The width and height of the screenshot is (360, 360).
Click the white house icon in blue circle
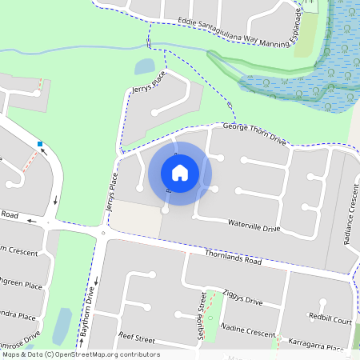180,173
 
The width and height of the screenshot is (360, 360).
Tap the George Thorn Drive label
254,132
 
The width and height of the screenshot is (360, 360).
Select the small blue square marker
40,144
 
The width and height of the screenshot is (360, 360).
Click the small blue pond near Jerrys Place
145,66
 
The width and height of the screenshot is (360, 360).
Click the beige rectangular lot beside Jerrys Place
134,219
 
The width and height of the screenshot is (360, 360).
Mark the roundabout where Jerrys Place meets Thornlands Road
103,234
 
